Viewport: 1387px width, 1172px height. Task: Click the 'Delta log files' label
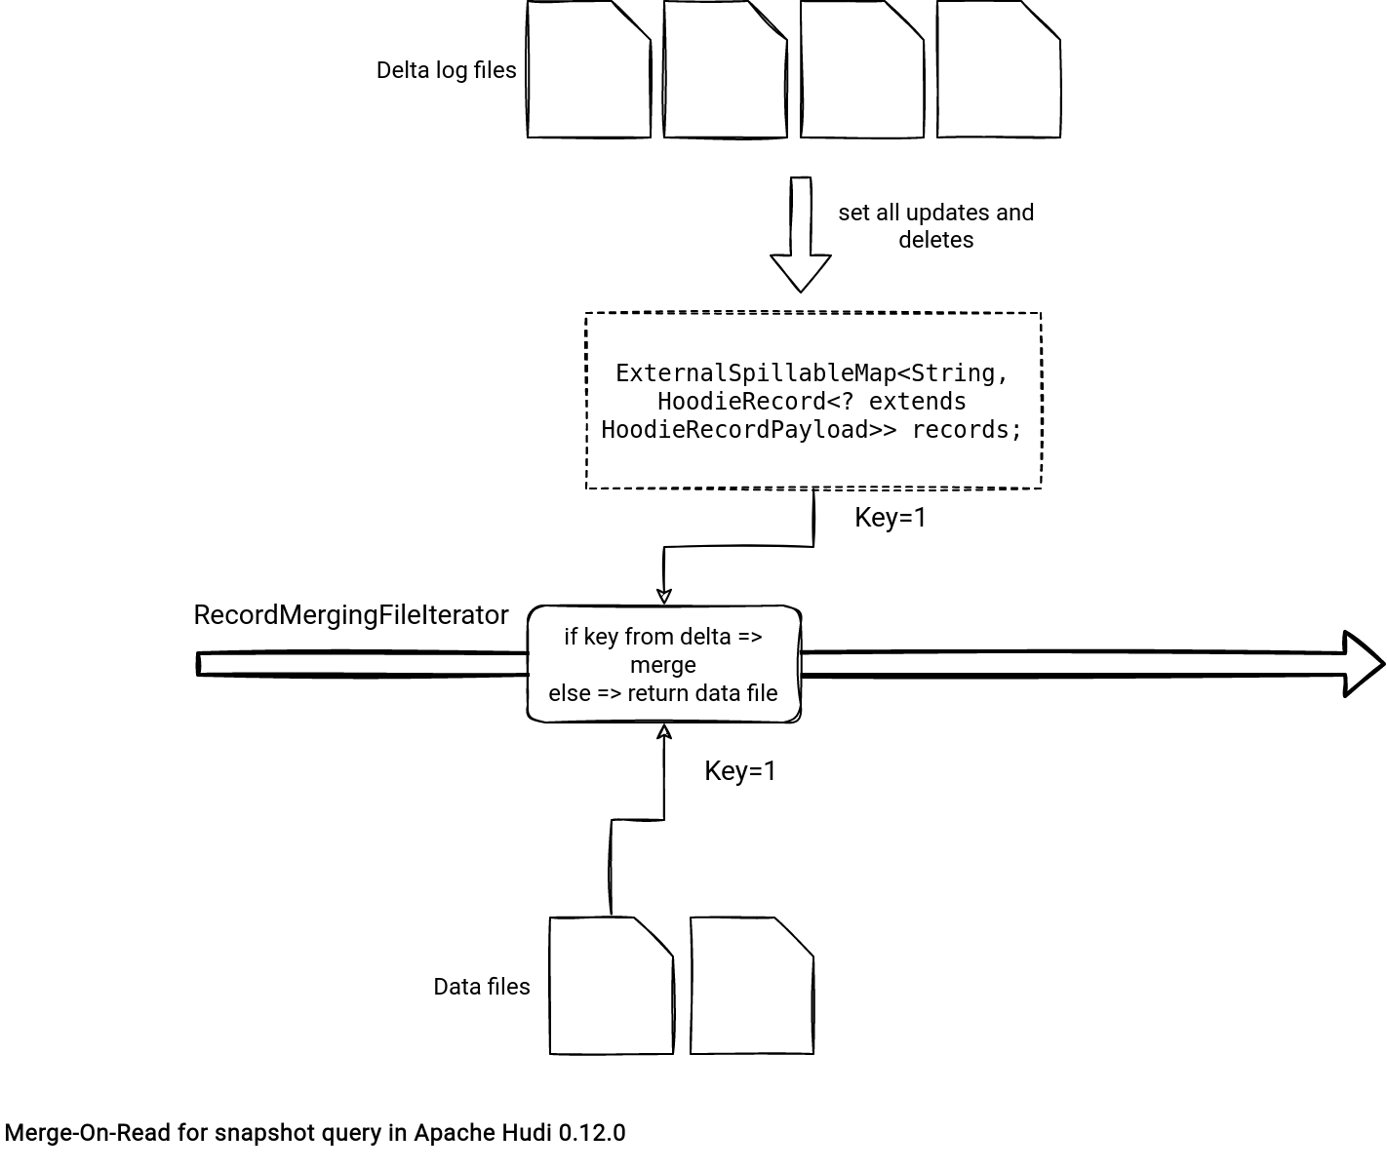pos(446,70)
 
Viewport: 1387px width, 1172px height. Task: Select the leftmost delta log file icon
pos(588,70)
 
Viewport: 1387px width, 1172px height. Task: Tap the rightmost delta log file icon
pos(999,70)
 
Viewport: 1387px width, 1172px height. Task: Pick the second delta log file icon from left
pos(726,70)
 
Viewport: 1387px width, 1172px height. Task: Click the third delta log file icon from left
pos(862,70)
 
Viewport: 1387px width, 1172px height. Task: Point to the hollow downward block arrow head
pos(801,273)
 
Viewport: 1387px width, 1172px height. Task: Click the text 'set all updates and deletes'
pos(936,226)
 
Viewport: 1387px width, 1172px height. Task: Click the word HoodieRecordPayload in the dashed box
pos(734,429)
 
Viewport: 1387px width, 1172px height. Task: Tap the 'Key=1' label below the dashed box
pos(891,517)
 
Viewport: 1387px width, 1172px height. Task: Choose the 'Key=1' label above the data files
pos(740,771)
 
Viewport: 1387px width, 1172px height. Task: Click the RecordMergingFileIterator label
pos(351,615)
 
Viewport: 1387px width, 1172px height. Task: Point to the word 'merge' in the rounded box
pos(663,665)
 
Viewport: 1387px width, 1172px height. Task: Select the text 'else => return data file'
pos(663,693)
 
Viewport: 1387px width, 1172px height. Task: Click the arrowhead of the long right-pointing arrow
pos(1364,664)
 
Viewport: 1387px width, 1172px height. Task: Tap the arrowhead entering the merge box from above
pos(663,597)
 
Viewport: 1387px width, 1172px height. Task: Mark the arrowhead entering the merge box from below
pos(663,731)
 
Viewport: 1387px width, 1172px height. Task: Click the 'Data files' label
pos(482,987)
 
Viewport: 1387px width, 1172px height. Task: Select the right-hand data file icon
pos(752,986)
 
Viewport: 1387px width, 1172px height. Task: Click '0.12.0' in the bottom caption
pos(592,1132)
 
